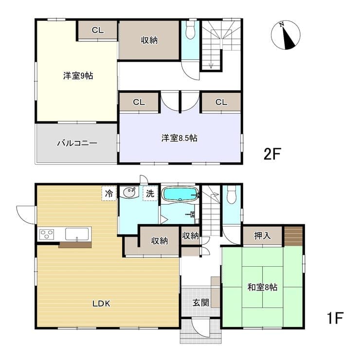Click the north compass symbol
click(x=286, y=35)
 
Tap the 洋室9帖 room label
click(x=78, y=75)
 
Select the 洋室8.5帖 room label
click(x=180, y=138)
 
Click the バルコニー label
click(x=77, y=143)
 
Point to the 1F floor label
click(x=335, y=318)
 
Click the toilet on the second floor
click(x=190, y=30)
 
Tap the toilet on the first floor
click(x=231, y=194)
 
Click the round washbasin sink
click(x=129, y=192)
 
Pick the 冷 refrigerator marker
click(x=109, y=193)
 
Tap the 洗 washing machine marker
click(x=150, y=193)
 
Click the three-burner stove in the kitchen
click(x=47, y=234)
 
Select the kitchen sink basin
click(x=77, y=234)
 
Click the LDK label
click(x=101, y=304)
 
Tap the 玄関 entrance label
click(x=201, y=303)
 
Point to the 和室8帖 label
click(x=262, y=287)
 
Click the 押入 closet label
click(x=262, y=236)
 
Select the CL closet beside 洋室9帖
click(x=98, y=30)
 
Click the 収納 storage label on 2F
click(x=149, y=40)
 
